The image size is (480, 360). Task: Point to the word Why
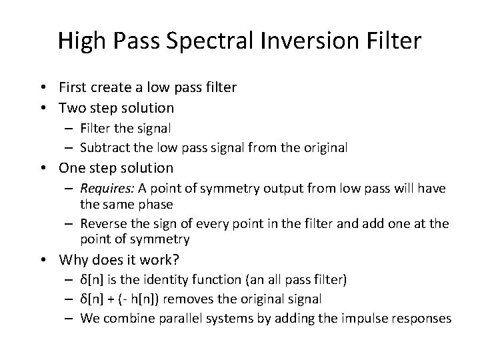pos(75,259)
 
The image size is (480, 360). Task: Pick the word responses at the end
pos(418,319)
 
